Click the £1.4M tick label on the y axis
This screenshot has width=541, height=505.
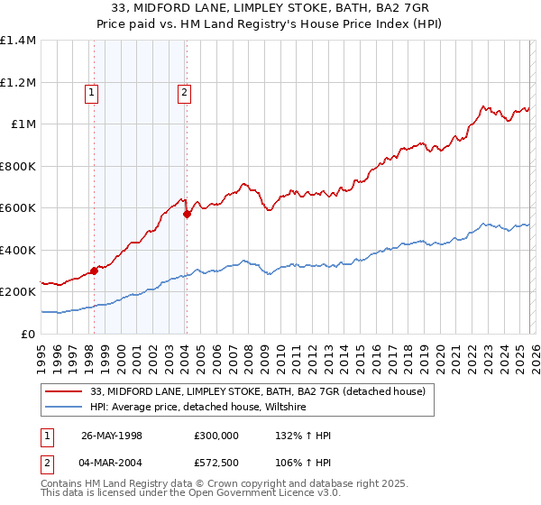tap(18, 41)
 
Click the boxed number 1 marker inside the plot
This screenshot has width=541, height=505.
tap(93, 91)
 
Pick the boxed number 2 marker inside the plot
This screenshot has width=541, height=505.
tap(184, 91)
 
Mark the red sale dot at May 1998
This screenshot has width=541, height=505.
tap(94, 271)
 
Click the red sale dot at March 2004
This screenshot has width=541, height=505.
tap(187, 214)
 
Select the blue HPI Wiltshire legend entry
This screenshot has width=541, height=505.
tap(198, 408)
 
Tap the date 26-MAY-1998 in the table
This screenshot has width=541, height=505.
tap(112, 436)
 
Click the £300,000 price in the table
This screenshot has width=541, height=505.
tap(216, 436)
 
